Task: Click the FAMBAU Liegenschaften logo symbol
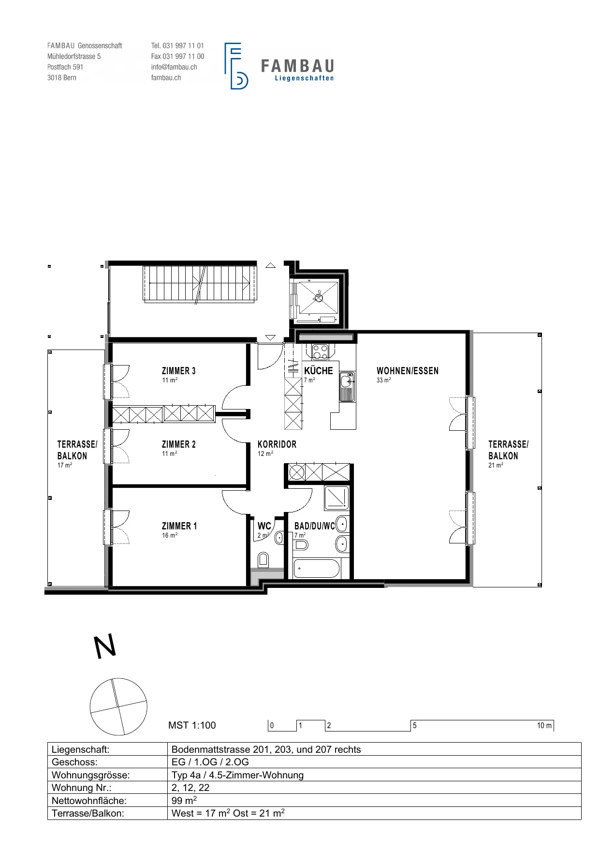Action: (x=236, y=66)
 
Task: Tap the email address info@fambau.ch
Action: (x=174, y=67)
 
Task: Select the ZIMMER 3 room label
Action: (x=179, y=371)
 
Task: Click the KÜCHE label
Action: (x=319, y=371)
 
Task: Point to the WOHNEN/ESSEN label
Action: (x=408, y=371)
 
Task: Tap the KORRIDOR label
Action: (x=277, y=444)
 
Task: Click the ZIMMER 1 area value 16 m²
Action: (x=170, y=535)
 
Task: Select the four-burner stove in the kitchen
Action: (x=320, y=351)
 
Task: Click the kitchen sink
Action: (x=348, y=387)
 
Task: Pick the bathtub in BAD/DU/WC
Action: (x=317, y=569)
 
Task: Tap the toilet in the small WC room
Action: (x=263, y=559)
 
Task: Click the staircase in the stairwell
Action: (x=200, y=284)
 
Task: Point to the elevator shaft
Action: (x=318, y=299)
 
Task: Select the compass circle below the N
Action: (x=118, y=707)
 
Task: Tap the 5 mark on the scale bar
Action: (x=415, y=725)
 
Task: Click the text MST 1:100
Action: (x=192, y=725)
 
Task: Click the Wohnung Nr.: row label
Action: (x=82, y=788)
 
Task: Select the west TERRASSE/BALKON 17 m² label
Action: (x=77, y=454)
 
